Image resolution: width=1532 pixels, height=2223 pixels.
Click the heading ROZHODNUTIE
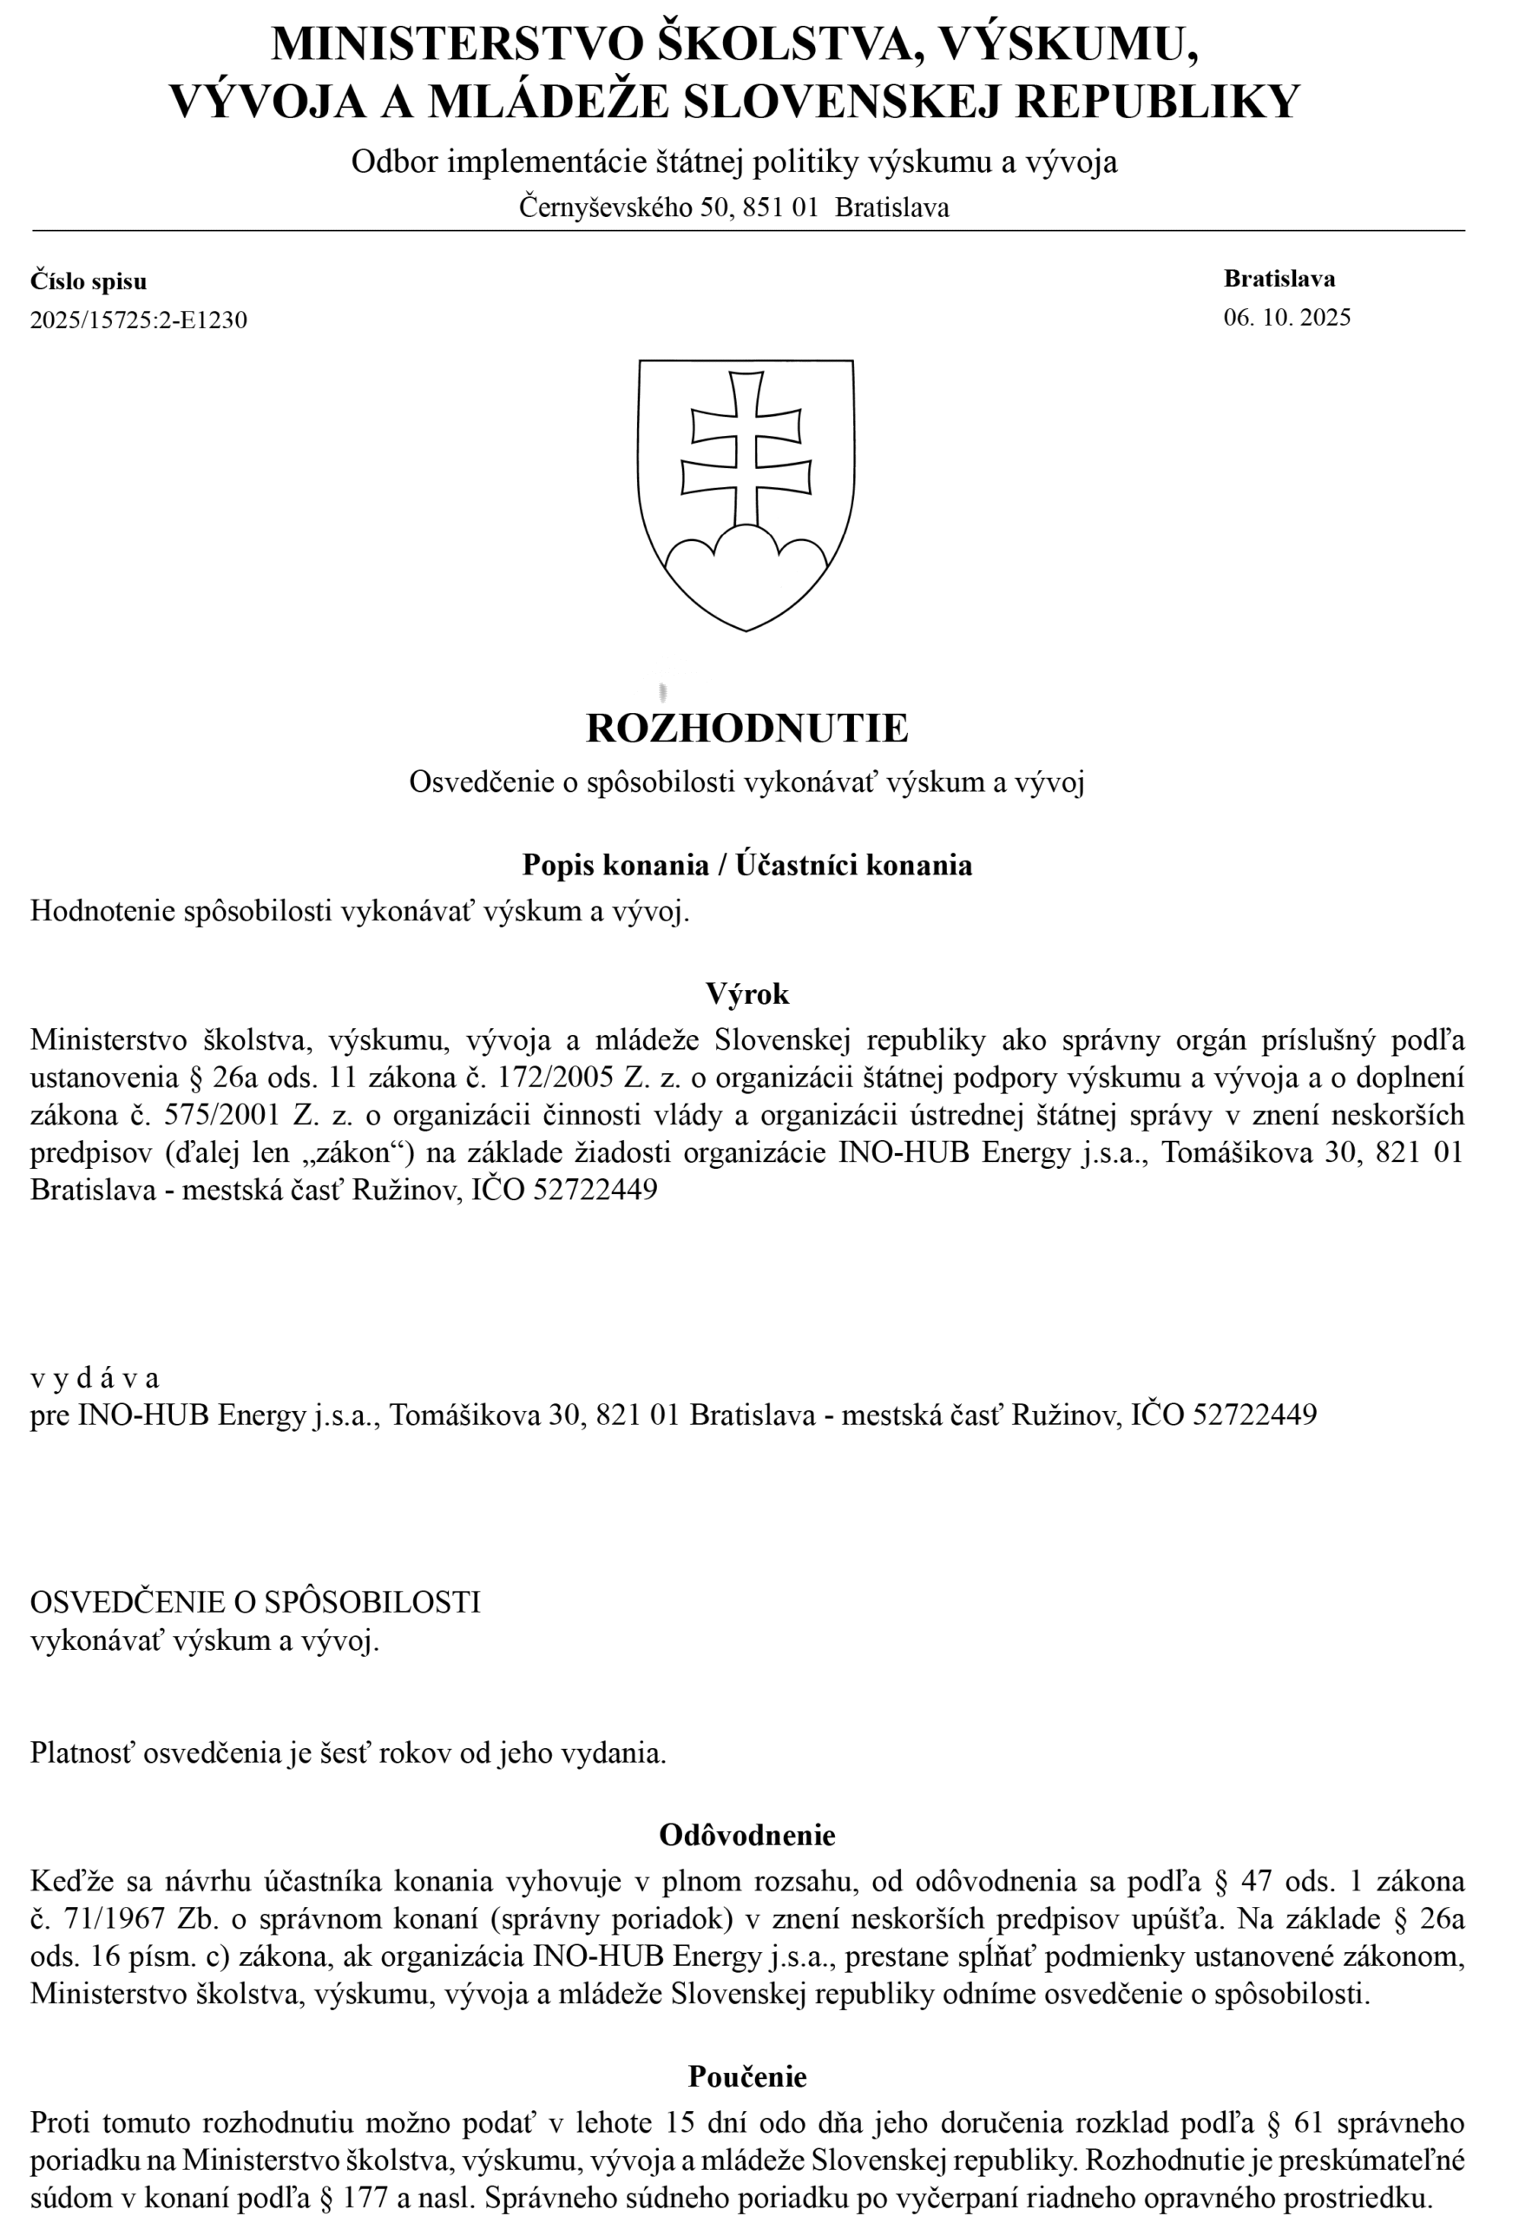[x=746, y=728]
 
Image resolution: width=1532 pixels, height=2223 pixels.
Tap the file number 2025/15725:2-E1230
[x=138, y=320]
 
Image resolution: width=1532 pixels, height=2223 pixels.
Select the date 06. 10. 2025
[x=1286, y=317]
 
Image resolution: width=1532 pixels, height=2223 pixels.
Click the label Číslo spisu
[x=89, y=281]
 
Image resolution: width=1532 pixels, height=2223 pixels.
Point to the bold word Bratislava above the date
[x=1279, y=279]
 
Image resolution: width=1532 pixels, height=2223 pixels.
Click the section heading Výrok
[x=746, y=993]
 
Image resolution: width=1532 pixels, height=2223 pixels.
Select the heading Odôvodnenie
[x=746, y=1835]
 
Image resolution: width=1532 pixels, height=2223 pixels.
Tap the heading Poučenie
[x=746, y=2076]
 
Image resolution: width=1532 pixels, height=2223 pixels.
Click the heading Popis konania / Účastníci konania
[x=746, y=865]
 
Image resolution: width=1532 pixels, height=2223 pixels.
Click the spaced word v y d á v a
[x=94, y=1378]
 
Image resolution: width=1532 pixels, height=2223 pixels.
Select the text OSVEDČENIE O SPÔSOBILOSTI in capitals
[x=255, y=1602]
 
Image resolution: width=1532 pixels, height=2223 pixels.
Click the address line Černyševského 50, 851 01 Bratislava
[x=733, y=208]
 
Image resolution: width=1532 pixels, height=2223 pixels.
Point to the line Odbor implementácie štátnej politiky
[x=733, y=162]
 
